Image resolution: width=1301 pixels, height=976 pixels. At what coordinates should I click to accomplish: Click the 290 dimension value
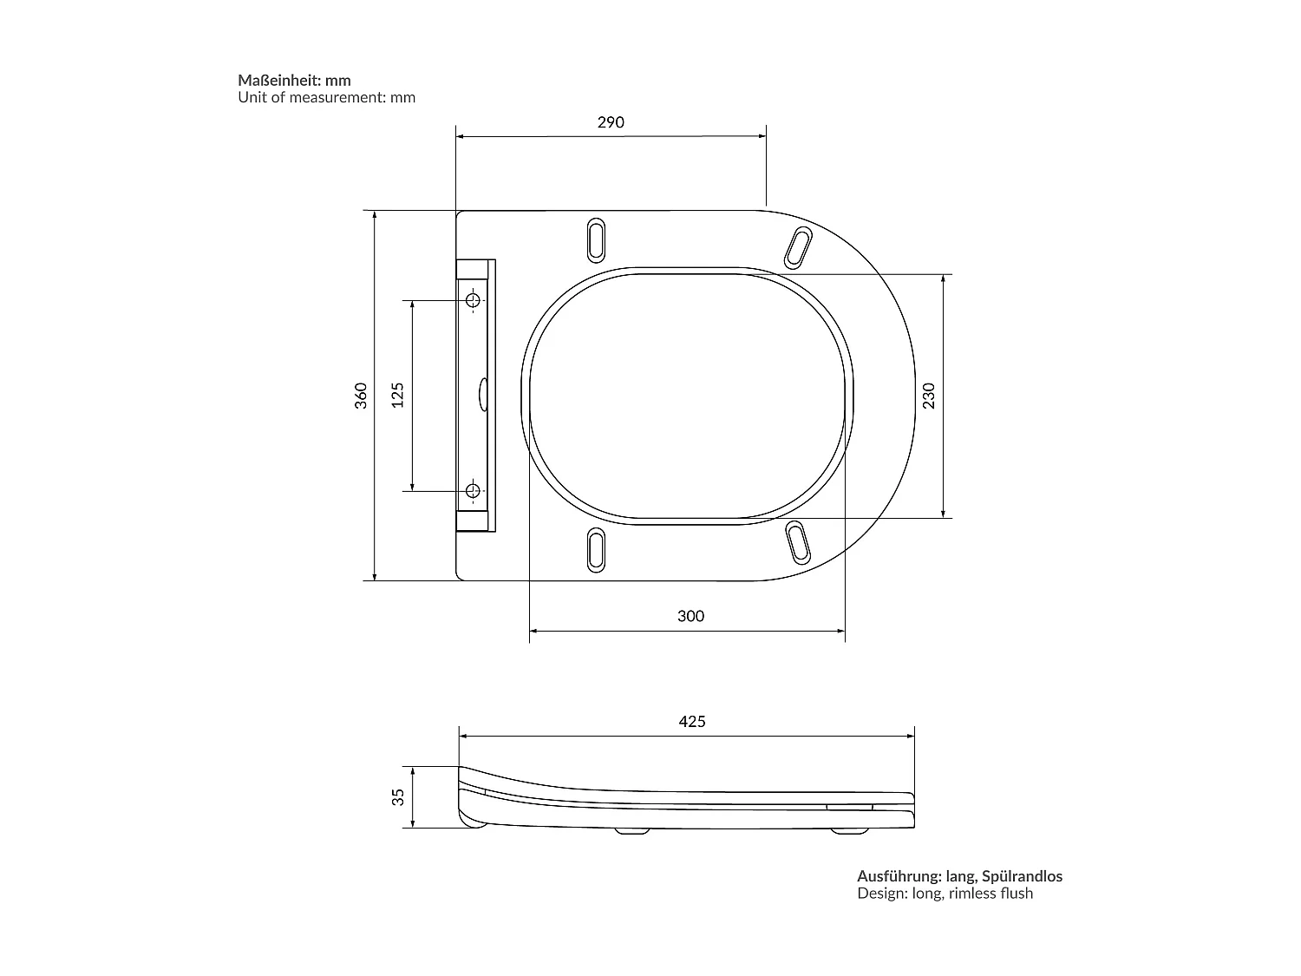(x=611, y=122)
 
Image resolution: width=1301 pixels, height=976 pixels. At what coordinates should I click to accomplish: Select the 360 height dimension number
(x=362, y=395)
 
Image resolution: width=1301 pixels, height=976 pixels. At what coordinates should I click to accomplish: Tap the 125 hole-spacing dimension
(x=398, y=395)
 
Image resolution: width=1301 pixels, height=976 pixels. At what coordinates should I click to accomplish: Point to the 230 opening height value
(x=929, y=396)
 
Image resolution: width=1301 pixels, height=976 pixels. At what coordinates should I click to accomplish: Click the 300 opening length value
(x=690, y=616)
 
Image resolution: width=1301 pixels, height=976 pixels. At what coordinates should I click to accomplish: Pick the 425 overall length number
(x=691, y=721)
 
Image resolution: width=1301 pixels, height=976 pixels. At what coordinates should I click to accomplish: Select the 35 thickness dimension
(x=398, y=796)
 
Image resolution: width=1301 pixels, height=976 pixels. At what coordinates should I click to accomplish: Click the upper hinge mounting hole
(x=473, y=301)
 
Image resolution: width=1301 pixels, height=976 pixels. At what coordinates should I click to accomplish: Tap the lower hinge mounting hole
(x=473, y=491)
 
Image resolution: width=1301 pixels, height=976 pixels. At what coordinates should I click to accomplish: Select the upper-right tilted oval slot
(x=798, y=247)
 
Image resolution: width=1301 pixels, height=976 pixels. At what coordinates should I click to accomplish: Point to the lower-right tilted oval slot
(x=798, y=542)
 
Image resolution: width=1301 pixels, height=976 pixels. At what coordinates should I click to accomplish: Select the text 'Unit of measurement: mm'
(x=327, y=97)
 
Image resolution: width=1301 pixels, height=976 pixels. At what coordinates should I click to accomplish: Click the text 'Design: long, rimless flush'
(x=945, y=894)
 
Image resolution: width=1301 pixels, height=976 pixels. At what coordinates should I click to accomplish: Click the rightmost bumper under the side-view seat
(x=847, y=831)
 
